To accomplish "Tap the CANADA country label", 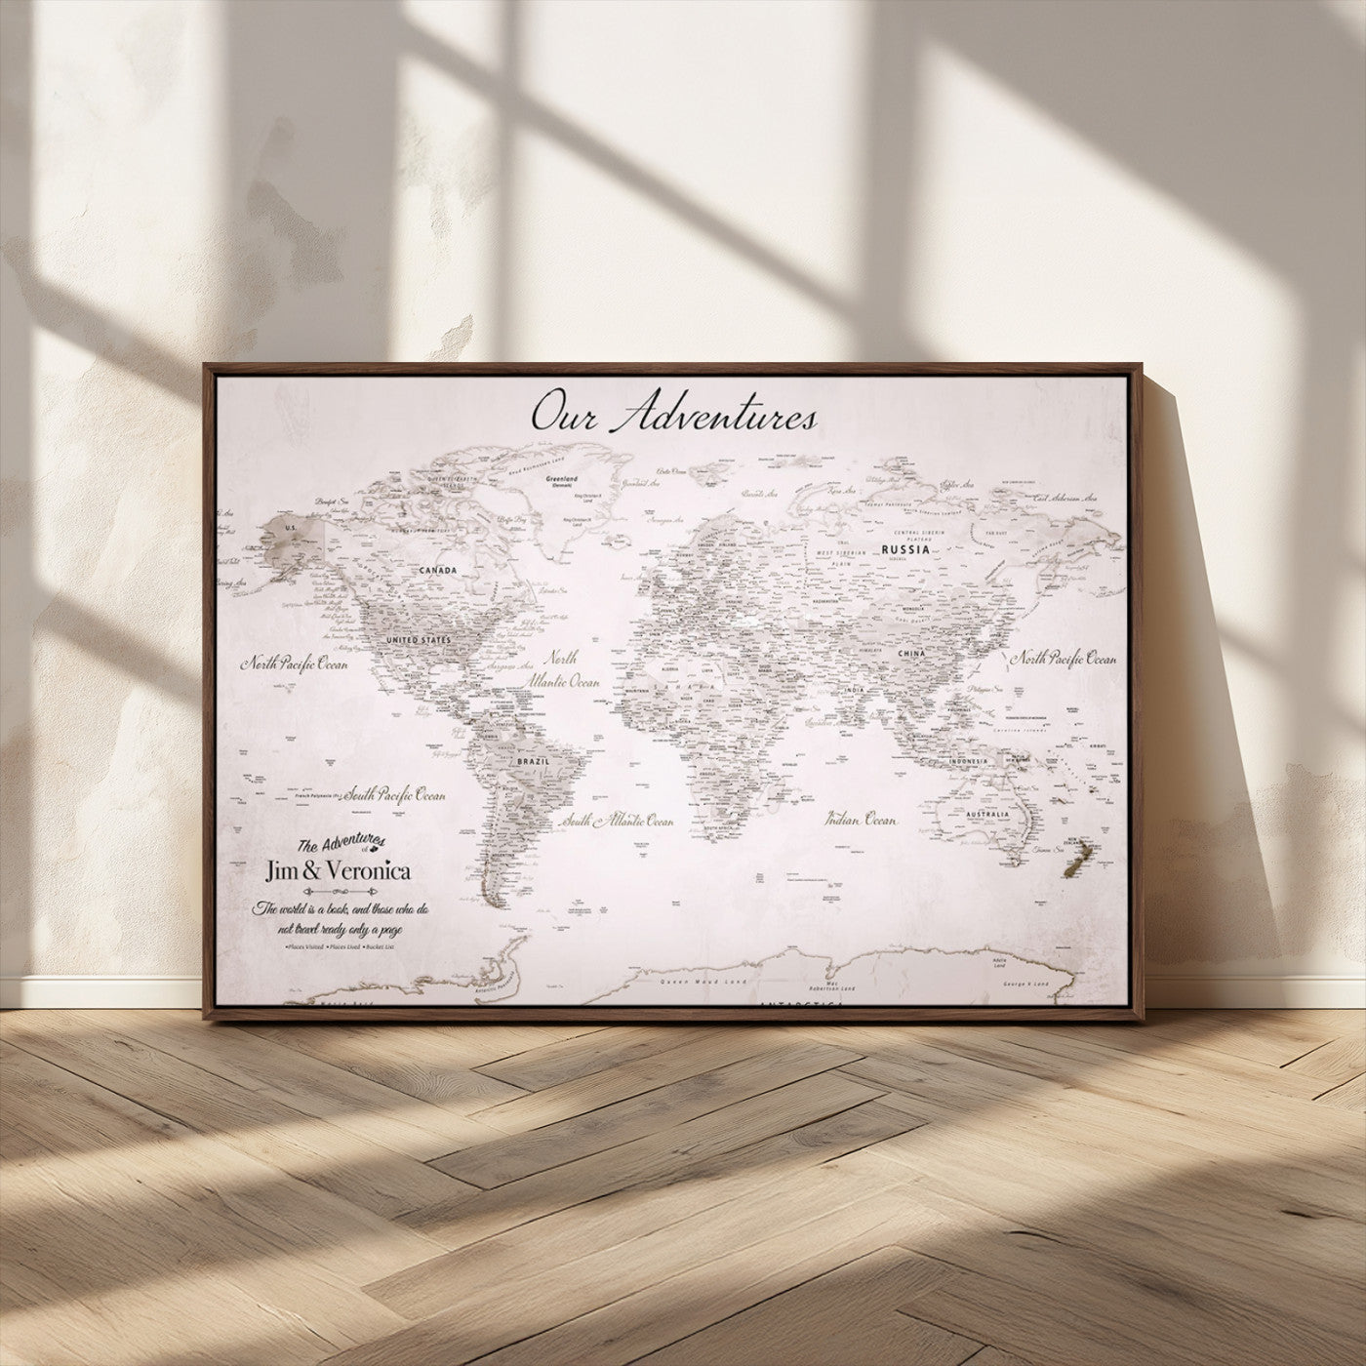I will (x=439, y=569).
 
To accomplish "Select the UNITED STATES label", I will (x=420, y=640).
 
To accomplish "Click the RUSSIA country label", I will (x=904, y=550).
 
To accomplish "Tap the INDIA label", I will (x=856, y=691).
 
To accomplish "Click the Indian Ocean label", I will (x=861, y=821).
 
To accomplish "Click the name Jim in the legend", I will (x=284, y=871).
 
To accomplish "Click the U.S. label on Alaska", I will (x=289, y=528).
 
